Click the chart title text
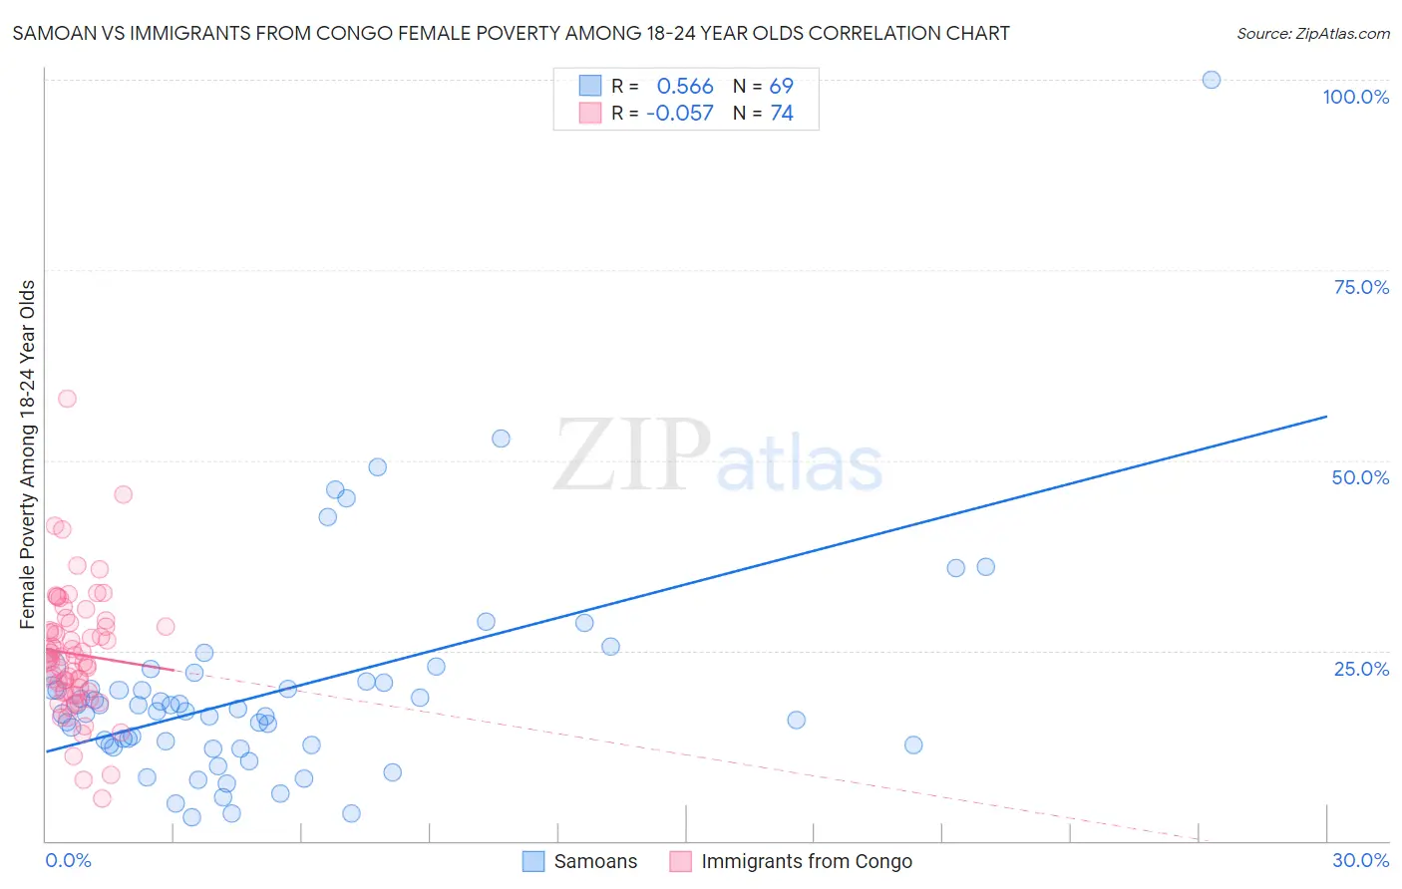click(x=511, y=33)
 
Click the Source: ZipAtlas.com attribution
click(x=1312, y=33)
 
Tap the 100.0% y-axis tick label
click(x=1355, y=97)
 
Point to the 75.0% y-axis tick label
click(x=1361, y=287)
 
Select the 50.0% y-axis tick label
click(x=1360, y=477)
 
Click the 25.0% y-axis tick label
click(x=1361, y=669)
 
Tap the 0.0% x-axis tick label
click(x=68, y=860)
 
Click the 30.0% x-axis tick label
click(x=1360, y=860)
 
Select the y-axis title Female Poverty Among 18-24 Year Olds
click(x=28, y=454)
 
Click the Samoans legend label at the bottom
click(x=595, y=861)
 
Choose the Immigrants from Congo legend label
click(x=807, y=861)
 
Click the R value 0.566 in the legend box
click(x=685, y=87)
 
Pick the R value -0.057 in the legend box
click(x=680, y=114)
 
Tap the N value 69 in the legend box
click(x=781, y=87)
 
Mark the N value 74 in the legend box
click(x=781, y=114)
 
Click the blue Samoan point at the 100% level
click(x=1212, y=80)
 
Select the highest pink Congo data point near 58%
click(x=67, y=399)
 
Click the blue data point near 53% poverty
click(x=502, y=439)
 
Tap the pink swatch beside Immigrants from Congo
click(x=681, y=861)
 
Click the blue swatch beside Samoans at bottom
click(x=533, y=861)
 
